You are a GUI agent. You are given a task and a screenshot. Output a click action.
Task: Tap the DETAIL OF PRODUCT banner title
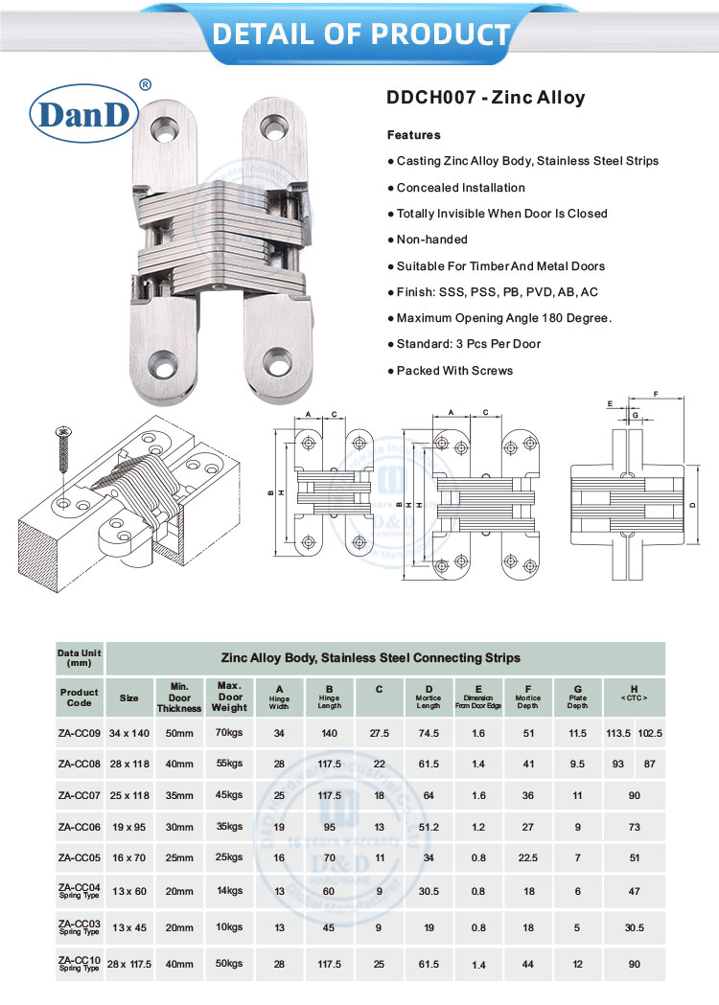pyautogui.click(x=360, y=34)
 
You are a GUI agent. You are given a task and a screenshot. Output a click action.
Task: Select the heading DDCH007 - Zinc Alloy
pyautogui.click(x=485, y=98)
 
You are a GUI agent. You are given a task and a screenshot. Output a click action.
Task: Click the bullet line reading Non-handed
pyautogui.click(x=431, y=240)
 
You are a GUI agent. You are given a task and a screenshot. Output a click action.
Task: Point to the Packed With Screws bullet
pyautogui.click(x=454, y=371)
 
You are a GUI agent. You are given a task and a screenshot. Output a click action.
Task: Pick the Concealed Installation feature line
pyautogui.click(x=460, y=188)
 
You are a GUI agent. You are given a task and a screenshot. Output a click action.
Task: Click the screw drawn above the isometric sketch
pyautogui.click(x=62, y=450)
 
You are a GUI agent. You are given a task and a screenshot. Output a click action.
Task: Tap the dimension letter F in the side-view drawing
pyautogui.click(x=654, y=394)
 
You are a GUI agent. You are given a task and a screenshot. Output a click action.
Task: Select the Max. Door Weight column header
pyautogui.click(x=231, y=697)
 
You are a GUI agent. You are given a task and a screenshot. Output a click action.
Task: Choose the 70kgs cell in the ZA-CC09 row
pyautogui.click(x=229, y=733)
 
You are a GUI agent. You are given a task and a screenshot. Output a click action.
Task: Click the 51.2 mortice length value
pyautogui.click(x=429, y=828)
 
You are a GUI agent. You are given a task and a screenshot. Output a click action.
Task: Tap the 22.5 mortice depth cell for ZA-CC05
pyautogui.click(x=528, y=859)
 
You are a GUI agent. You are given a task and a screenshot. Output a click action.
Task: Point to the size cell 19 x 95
pyautogui.click(x=128, y=828)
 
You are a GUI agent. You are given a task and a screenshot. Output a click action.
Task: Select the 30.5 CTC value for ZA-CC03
pyautogui.click(x=634, y=927)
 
